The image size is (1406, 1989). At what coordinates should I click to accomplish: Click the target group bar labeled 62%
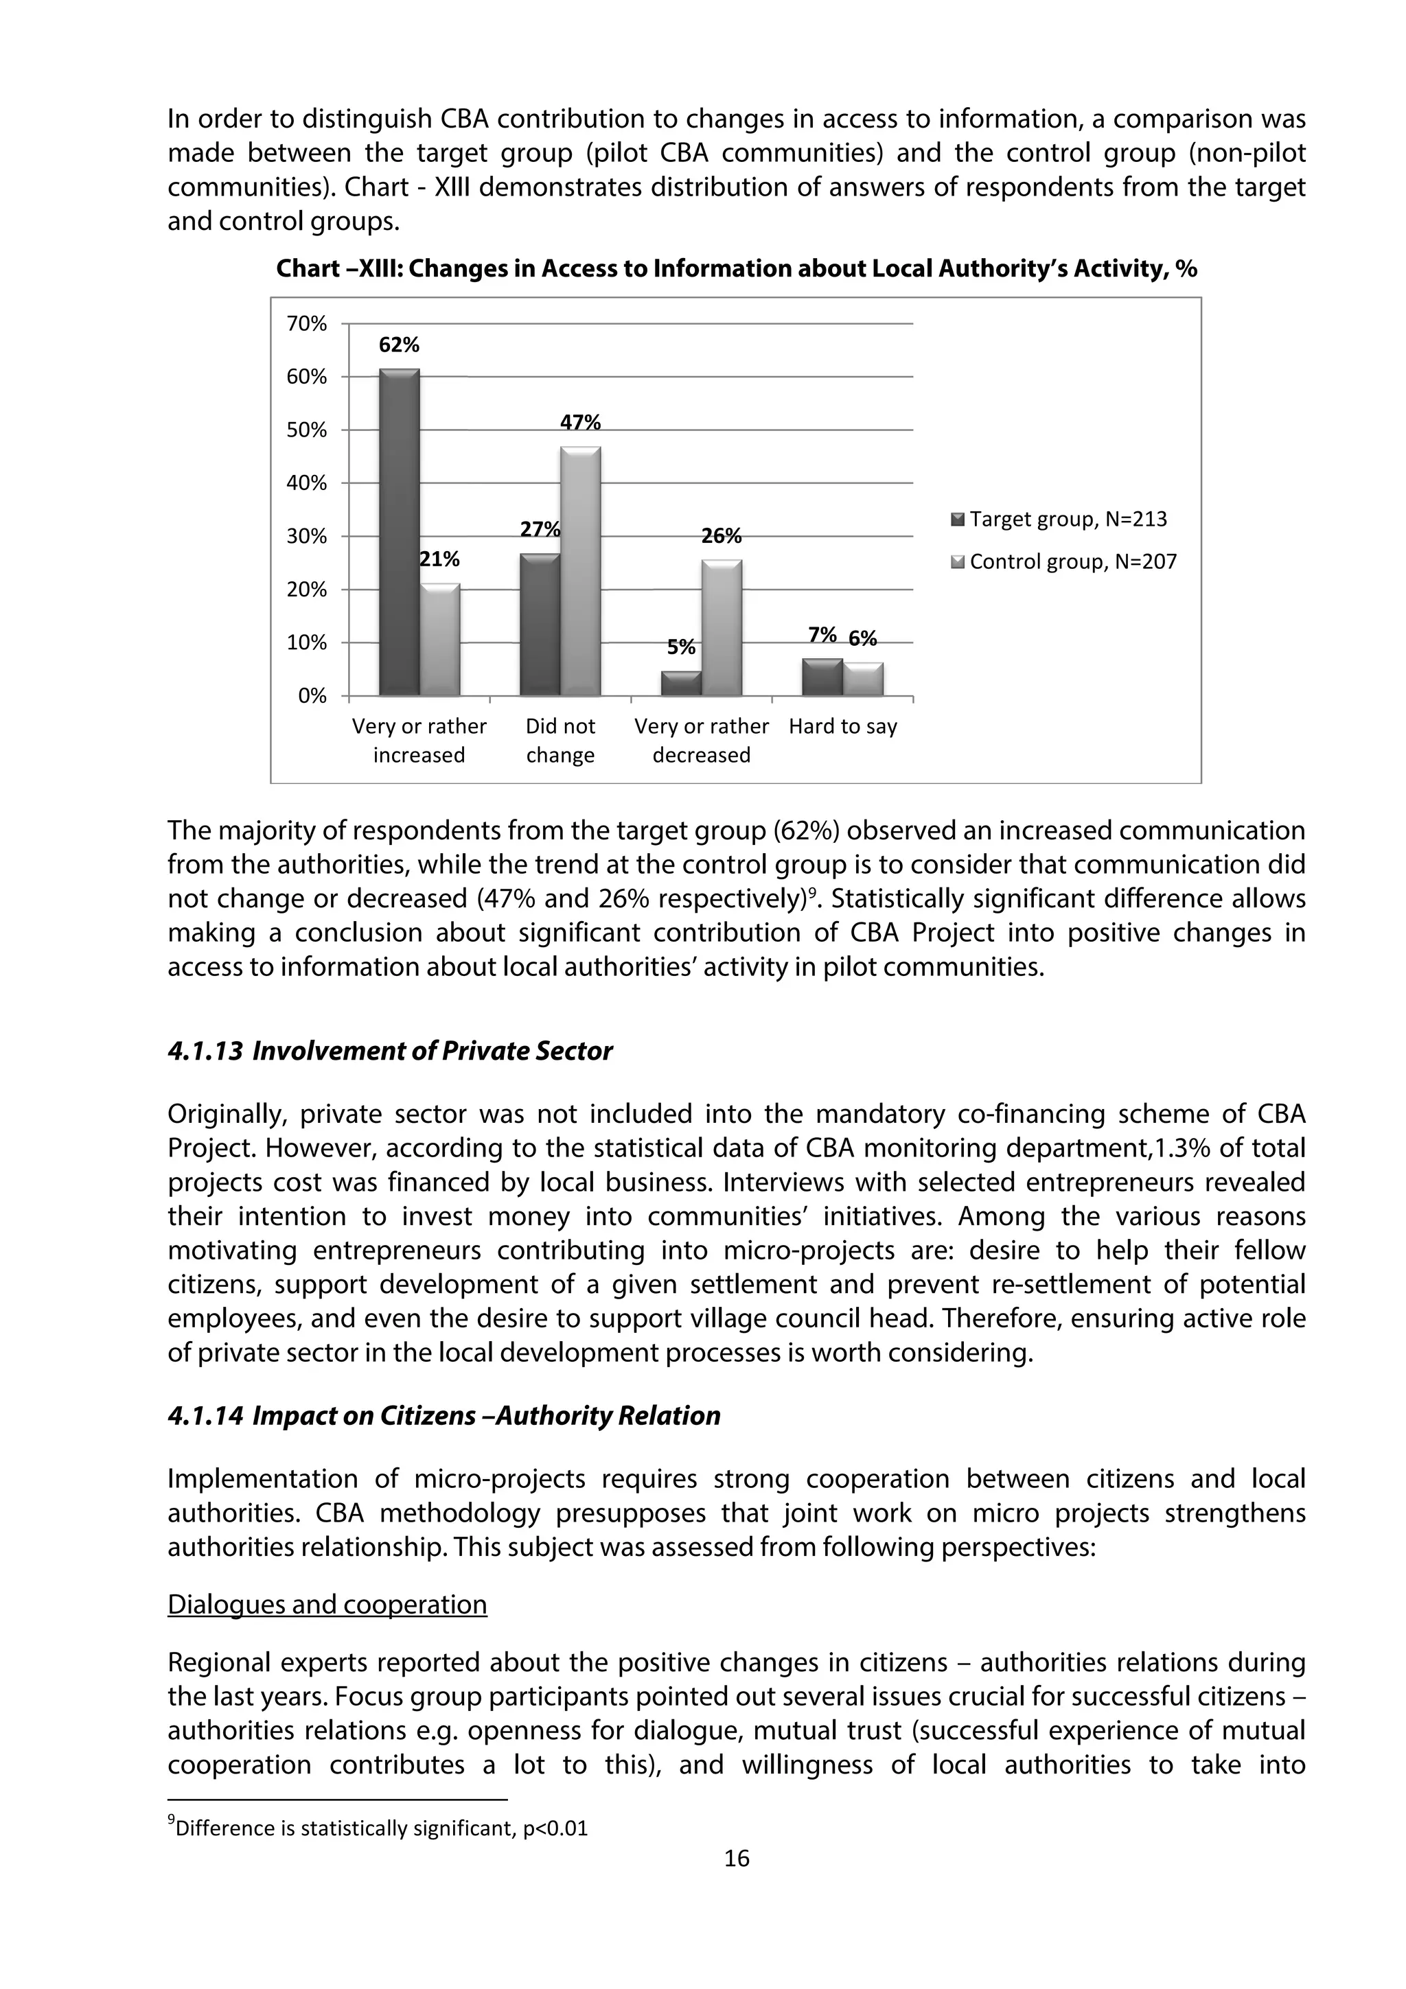point(400,533)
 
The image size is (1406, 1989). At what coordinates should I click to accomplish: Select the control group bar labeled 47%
point(580,572)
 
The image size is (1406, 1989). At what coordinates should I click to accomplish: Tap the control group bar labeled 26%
point(722,628)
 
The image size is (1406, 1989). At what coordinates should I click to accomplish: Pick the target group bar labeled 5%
point(681,684)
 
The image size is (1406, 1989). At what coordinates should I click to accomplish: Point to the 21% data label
point(439,559)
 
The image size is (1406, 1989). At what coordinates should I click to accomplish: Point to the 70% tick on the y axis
point(307,324)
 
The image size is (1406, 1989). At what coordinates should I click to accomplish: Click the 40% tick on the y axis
point(307,483)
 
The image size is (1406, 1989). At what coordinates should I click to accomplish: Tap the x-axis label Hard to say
point(842,727)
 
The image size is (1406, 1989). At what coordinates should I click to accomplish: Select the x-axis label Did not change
point(560,741)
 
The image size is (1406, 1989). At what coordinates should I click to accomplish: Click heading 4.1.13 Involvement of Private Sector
point(390,1051)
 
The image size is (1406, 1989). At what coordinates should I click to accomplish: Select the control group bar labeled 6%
point(863,679)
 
